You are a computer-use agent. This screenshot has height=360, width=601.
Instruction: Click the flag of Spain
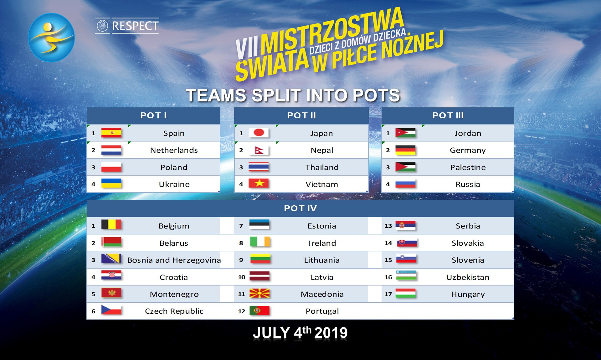[111, 133]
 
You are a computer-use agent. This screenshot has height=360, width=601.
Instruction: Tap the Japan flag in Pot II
[259, 133]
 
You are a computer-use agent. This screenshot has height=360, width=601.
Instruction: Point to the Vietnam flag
[259, 183]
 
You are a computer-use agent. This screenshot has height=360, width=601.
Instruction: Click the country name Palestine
[468, 167]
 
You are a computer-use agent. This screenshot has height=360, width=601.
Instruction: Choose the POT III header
[448, 116]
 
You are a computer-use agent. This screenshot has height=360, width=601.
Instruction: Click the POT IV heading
[300, 208]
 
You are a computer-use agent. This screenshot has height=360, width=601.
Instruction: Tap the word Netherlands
[174, 150]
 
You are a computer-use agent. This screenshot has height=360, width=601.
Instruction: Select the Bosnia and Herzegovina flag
[111, 259]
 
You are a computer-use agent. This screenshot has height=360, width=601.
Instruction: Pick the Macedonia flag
[259, 293]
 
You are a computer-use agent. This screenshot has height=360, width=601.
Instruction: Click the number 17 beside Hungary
[388, 294]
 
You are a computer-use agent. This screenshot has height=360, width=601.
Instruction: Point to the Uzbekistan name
[468, 277]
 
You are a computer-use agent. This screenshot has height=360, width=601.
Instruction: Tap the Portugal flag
[259, 311]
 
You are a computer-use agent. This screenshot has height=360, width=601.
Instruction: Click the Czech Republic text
[174, 311]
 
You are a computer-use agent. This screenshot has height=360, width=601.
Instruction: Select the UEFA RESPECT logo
[127, 26]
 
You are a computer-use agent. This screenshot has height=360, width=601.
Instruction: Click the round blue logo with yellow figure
[51, 37]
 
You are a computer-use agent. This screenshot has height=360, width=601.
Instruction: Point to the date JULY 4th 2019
[300, 332]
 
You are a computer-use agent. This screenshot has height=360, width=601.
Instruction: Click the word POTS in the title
[377, 95]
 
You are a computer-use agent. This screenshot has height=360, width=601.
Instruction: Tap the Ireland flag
[260, 242]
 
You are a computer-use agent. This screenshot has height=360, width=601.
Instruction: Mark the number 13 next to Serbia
[388, 226]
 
